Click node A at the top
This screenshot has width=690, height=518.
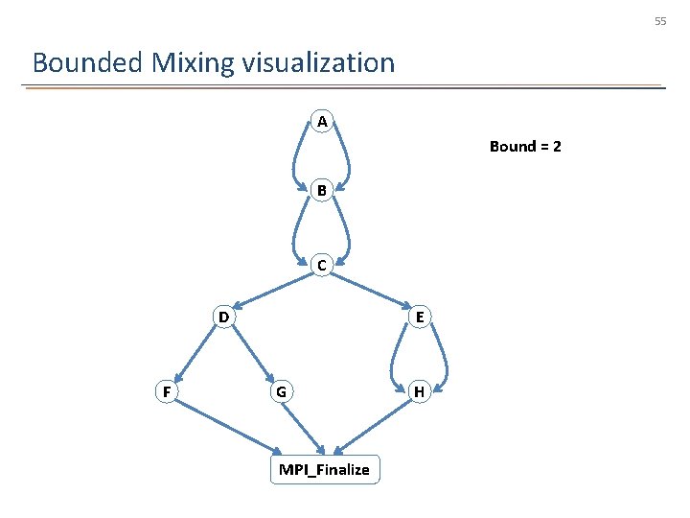[322, 122]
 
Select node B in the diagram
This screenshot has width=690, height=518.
[322, 191]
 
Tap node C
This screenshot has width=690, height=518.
[322, 265]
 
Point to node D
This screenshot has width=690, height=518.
[222, 317]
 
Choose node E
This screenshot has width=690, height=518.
[419, 317]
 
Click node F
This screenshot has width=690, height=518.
[167, 391]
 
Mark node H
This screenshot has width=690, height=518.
[419, 391]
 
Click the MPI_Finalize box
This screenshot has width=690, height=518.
[324, 469]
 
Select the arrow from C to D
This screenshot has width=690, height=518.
[274, 290]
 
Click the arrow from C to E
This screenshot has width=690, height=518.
[370, 291]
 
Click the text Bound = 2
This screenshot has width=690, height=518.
[525, 147]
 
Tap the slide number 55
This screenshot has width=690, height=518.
[660, 21]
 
